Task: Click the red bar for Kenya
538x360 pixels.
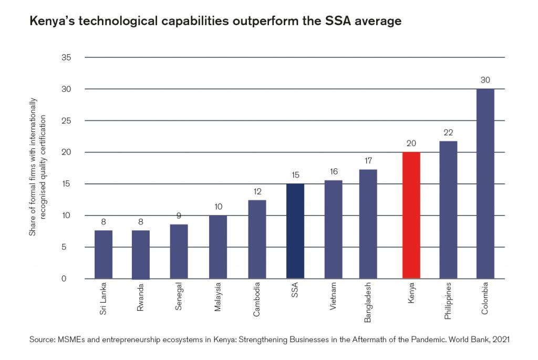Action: click(411, 215)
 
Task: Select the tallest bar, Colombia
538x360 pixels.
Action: click(485, 184)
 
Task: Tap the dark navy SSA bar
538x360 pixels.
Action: click(295, 231)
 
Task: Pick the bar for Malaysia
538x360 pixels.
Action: click(218, 247)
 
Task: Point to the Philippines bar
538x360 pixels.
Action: click(448, 210)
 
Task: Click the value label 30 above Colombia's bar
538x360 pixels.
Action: click(485, 80)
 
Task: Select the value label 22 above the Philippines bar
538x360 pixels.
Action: click(448, 132)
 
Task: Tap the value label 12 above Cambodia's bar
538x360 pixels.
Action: click(257, 192)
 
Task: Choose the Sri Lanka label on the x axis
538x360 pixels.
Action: click(104, 301)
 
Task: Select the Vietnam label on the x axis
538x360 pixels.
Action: click(334, 298)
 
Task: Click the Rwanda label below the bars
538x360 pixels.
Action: click(140, 299)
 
